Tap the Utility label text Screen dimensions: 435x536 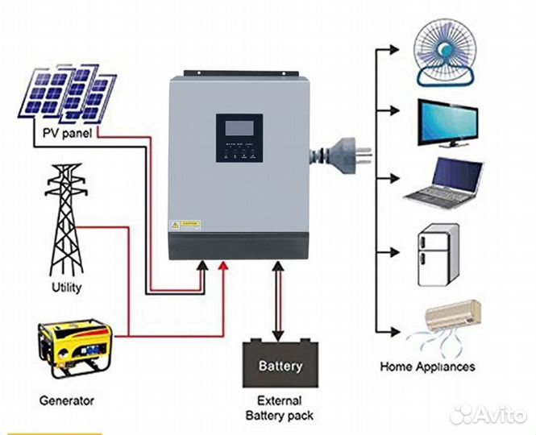(x=65, y=286)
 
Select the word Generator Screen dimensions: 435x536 (x=66, y=400)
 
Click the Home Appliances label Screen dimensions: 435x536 (x=427, y=367)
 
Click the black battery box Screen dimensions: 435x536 (x=280, y=364)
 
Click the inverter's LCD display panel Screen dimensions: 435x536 (x=239, y=129)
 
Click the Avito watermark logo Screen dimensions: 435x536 (x=488, y=415)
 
